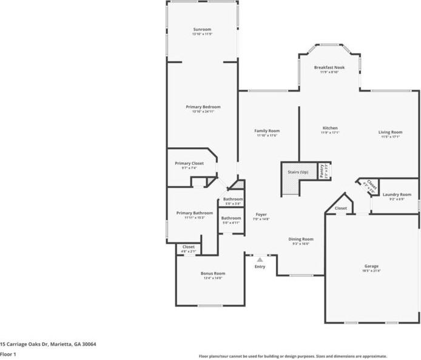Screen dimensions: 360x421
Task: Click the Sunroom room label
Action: pyautogui.click(x=203, y=29)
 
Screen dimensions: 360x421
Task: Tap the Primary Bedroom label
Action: pyautogui.click(x=203, y=107)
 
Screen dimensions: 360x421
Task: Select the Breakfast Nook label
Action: pyautogui.click(x=329, y=67)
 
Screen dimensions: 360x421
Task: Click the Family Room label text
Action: pyautogui.click(x=267, y=130)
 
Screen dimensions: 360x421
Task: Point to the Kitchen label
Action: pyautogui.click(x=330, y=128)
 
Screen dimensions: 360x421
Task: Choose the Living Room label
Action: pyautogui.click(x=390, y=132)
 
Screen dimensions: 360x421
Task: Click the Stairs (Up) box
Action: pyautogui.click(x=298, y=173)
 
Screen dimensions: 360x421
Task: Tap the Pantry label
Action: pyautogui.click(x=323, y=170)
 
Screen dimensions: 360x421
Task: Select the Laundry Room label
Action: pyautogui.click(x=397, y=194)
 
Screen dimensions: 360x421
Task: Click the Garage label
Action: pyautogui.click(x=371, y=266)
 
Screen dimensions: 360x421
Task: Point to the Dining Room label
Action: pyautogui.click(x=300, y=239)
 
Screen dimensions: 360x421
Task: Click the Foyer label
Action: pyautogui.click(x=261, y=214)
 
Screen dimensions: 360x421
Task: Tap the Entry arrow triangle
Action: pyautogui.click(x=260, y=259)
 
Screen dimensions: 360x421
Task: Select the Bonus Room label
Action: pyautogui.click(x=212, y=273)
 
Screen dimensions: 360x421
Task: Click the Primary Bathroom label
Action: pyautogui.click(x=194, y=213)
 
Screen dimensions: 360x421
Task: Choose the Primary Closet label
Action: pyautogui.click(x=189, y=163)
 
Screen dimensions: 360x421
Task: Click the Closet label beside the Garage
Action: pyautogui.click(x=341, y=208)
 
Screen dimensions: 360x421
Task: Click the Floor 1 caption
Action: pyautogui.click(x=7, y=355)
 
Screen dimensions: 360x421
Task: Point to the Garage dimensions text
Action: pyautogui.click(x=371, y=271)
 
